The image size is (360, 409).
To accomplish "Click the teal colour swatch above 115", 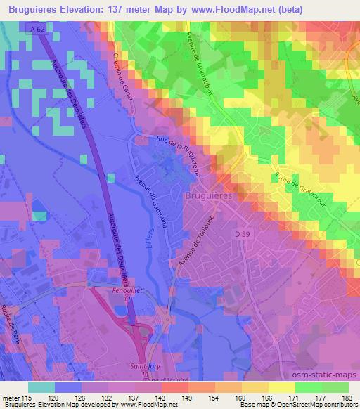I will [41, 387].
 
